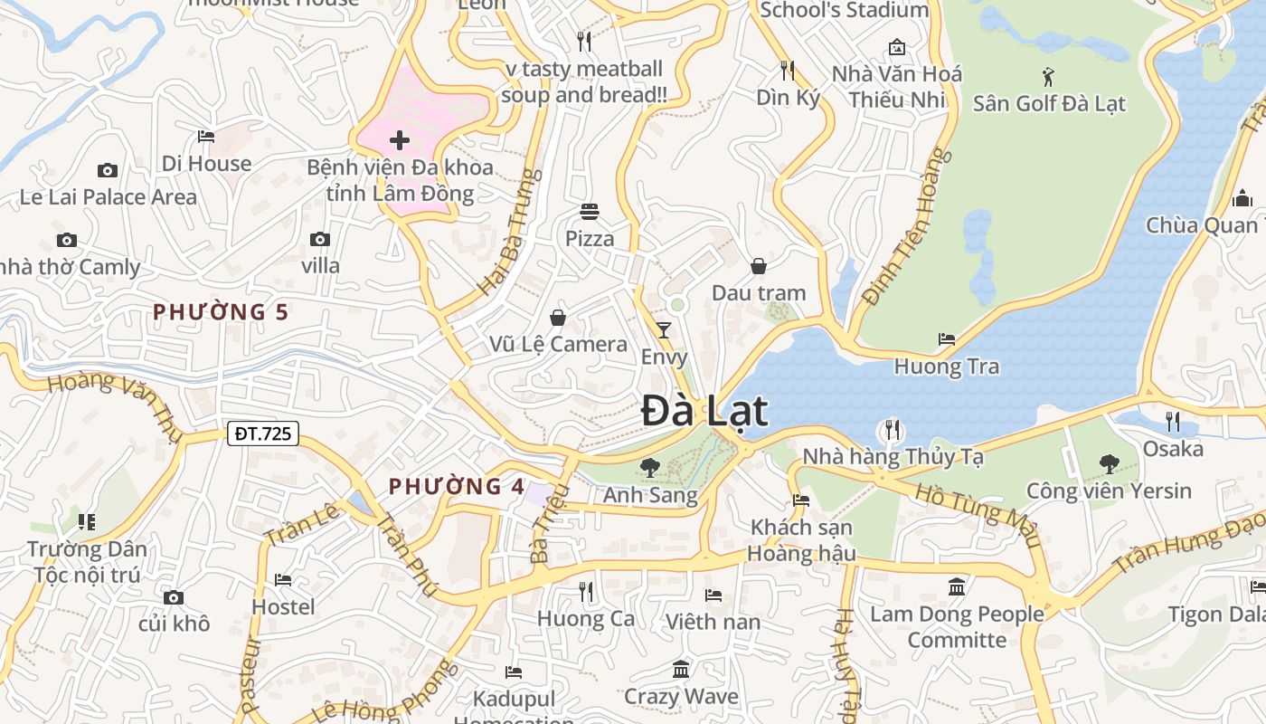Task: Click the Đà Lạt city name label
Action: [704, 412]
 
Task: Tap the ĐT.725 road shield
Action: [262, 433]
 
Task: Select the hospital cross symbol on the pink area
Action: [400, 140]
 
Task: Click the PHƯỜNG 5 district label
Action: [220, 312]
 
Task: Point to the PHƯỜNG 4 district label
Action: [457, 487]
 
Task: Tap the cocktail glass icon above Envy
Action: [664, 330]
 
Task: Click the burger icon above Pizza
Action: [590, 212]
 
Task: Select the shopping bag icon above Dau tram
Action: [759, 266]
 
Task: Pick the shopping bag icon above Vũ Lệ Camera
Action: [558, 318]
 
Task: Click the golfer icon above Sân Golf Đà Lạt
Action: [1049, 76]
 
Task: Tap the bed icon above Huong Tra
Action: [947, 339]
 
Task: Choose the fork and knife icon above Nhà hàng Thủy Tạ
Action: [893, 429]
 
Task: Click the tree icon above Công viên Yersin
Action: [1109, 464]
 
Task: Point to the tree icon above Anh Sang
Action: [649, 468]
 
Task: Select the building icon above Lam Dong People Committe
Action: [957, 587]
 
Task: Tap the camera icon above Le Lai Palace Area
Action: [108, 170]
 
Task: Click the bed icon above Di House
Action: [206, 137]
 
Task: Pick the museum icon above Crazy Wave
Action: [681, 670]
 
